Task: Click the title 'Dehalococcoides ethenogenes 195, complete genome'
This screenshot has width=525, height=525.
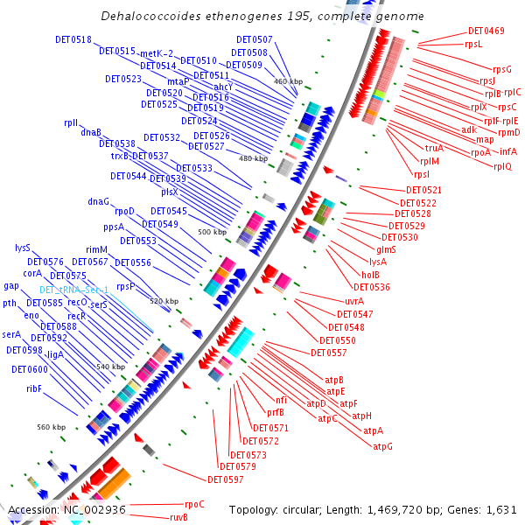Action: (262, 17)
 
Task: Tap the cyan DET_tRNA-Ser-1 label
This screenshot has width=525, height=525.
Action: (73, 290)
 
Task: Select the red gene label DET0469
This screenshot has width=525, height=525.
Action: (486, 31)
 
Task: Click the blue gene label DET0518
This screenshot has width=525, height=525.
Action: (71, 40)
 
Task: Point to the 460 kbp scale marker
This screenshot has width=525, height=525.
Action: (288, 81)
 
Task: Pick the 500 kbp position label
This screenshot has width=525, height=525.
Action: (212, 233)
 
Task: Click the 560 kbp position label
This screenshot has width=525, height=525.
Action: (51, 427)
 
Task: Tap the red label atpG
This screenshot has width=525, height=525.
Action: (382, 446)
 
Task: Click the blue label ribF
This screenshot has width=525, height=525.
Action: (34, 388)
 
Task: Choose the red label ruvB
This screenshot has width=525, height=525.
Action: (178, 517)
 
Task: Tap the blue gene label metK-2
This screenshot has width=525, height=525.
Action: (157, 53)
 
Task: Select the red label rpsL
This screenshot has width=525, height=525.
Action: (473, 44)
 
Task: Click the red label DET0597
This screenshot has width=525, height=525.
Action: (226, 479)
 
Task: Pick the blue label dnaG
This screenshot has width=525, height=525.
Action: (99, 201)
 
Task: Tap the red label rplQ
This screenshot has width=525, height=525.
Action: (502, 166)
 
